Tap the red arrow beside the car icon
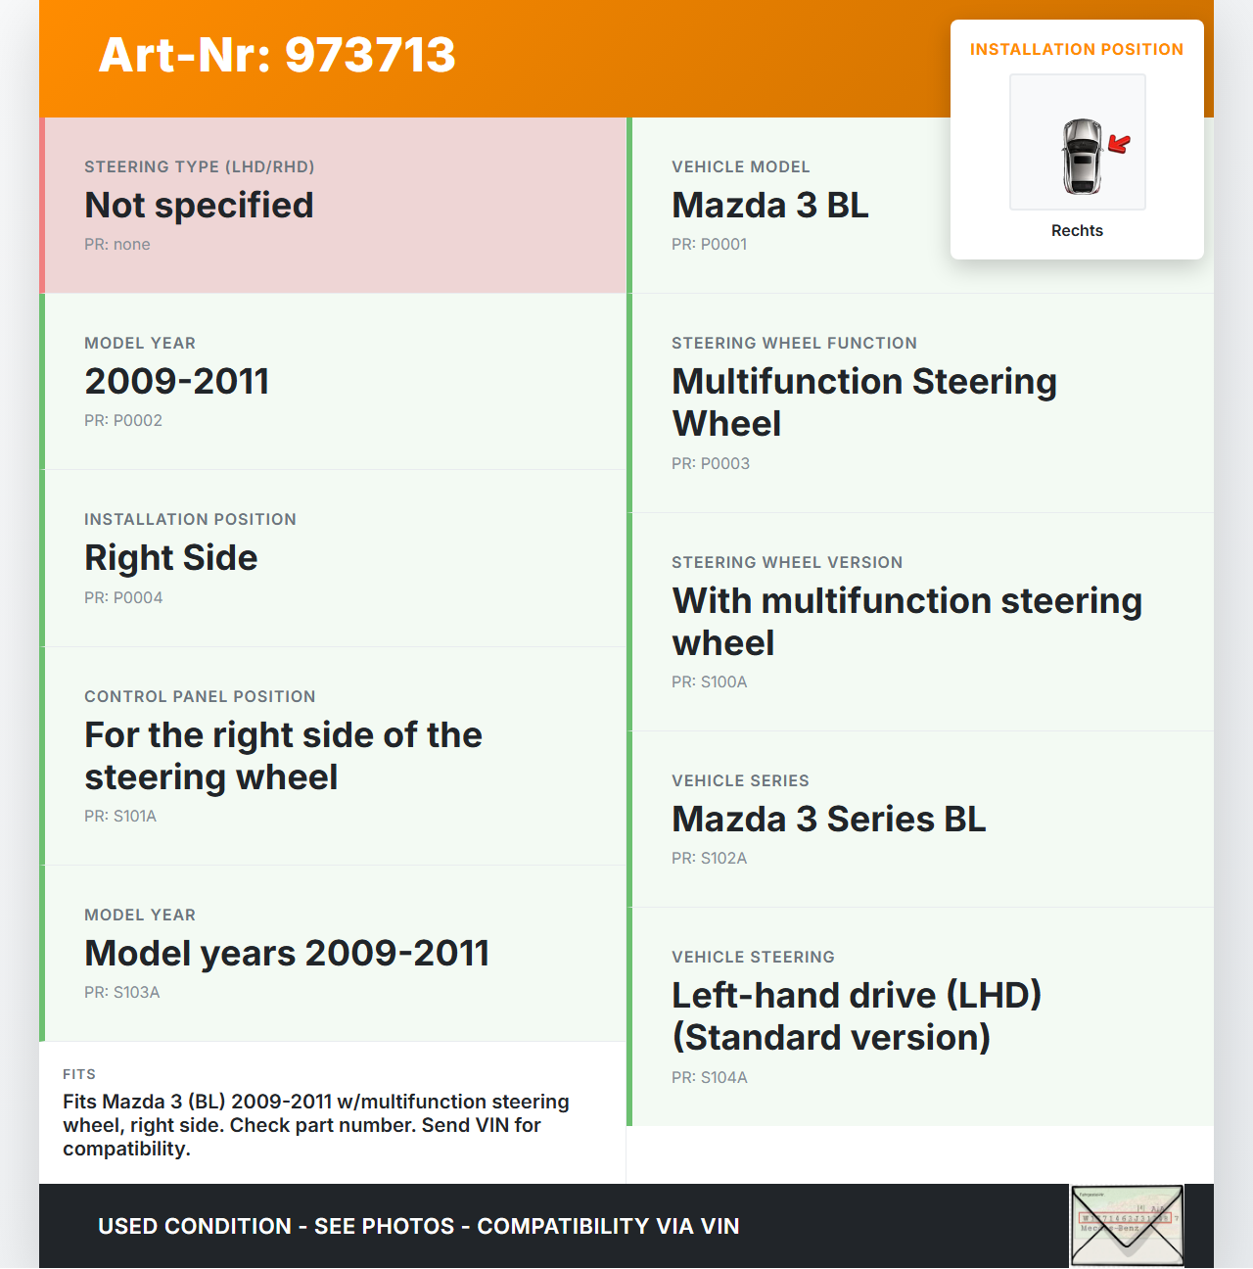tap(1119, 144)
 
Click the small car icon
tap(1082, 156)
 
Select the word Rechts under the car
tap(1077, 231)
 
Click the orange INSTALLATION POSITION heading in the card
tap(1076, 50)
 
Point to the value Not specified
tap(199, 206)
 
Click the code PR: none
tap(117, 245)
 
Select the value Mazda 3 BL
tap(769, 206)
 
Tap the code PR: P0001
tap(709, 245)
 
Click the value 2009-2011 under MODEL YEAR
tap(176, 382)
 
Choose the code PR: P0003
tap(711, 464)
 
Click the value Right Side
tap(170, 558)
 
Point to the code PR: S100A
tap(709, 682)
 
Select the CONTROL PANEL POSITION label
tap(200, 697)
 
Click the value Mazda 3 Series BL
tap(828, 820)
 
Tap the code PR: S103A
tap(121, 993)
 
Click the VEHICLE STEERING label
tap(753, 958)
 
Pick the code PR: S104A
tap(709, 1078)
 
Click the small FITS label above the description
tap(79, 1075)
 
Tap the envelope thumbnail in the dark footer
tap(1127, 1225)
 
